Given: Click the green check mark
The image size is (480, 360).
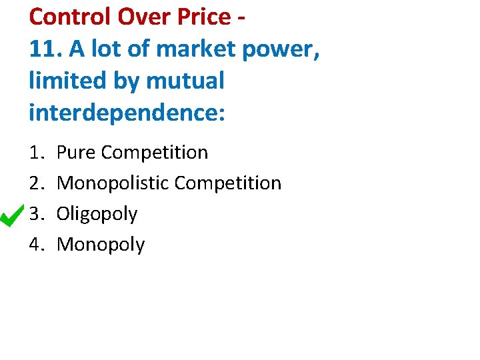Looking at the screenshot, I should [x=13, y=215].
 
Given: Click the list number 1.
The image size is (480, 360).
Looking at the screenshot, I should [x=36, y=153].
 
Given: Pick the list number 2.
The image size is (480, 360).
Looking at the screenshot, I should [x=36, y=183].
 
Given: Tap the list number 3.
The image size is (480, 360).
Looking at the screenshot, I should [x=36, y=214].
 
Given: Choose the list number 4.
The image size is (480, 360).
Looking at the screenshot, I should [x=36, y=245].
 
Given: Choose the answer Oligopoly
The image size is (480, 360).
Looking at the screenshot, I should [x=97, y=214].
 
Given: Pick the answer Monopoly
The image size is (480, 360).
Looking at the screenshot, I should [x=101, y=245].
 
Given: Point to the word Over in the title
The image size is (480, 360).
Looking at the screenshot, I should [x=142, y=17].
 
